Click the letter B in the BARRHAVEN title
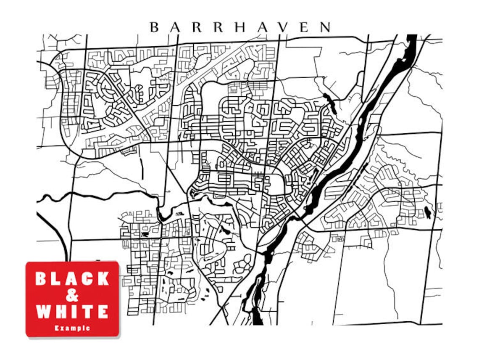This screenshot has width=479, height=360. click(154, 27)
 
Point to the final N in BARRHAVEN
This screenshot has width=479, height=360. click(325, 27)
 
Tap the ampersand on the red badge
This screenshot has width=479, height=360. click(72, 295)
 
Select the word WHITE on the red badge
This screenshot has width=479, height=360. click(72, 312)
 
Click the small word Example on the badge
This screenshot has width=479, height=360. click(72, 328)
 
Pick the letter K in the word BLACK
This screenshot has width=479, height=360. click(102, 278)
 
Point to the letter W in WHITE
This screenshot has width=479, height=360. click(44, 312)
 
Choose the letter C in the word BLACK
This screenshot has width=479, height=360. click(87, 278)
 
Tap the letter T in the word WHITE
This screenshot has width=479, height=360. click(88, 312)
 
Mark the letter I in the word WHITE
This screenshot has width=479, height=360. click(76, 312)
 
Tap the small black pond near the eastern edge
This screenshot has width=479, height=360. click(427, 212)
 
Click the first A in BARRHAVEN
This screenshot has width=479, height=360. click(175, 27)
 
